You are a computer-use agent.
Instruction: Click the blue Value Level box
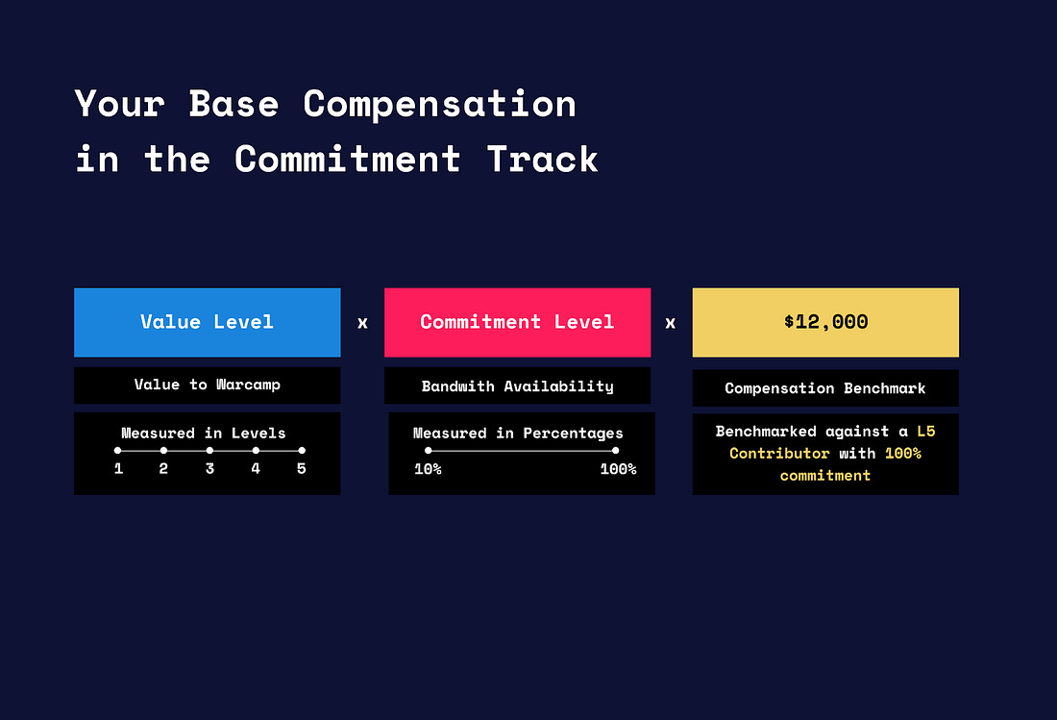(x=207, y=322)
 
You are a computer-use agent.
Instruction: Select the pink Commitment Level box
(x=517, y=322)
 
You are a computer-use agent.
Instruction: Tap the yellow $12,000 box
(x=825, y=322)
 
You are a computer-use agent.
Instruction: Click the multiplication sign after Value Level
(x=362, y=323)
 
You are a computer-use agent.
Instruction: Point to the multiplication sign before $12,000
(x=670, y=323)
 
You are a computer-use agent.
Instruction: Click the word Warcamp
(x=248, y=385)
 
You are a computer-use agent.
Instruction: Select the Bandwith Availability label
(x=518, y=386)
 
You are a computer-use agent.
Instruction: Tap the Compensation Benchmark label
(x=825, y=388)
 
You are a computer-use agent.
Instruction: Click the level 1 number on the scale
(x=118, y=468)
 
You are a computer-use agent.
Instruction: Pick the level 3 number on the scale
(x=209, y=468)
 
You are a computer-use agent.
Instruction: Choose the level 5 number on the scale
(x=302, y=468)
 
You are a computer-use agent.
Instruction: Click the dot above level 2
(x=163, y=450)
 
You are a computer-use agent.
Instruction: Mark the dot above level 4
(x=256, y=450)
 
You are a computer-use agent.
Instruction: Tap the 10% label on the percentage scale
(x=428, y=469)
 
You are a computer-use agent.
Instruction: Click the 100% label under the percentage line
(x=618, y=469)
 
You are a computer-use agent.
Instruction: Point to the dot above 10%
(x=428, y=450)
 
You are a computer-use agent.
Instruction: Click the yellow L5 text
(x=926, y=432)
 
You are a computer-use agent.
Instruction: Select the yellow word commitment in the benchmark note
(x=825, y=476)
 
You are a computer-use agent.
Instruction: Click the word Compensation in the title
(x=439, y=105)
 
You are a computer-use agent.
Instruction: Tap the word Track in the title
(x=542, y=160)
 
